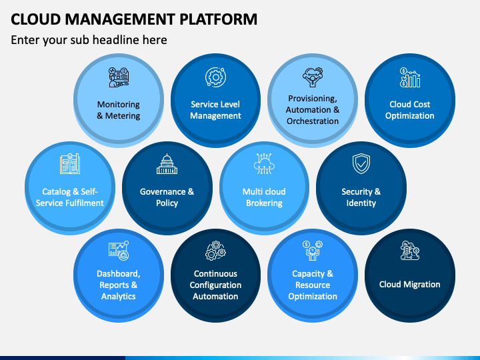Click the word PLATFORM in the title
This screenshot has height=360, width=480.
(x=218, y=19)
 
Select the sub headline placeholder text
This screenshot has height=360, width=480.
(x=89, y=40)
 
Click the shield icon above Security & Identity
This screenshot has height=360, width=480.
(x=361, y=163)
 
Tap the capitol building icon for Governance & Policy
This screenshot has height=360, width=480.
(x=167, y=164)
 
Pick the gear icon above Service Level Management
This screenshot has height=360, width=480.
(x=215, y=77)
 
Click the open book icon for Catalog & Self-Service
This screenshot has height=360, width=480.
(x=70, y=164)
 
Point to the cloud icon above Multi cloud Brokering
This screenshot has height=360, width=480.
(x=264, y=164)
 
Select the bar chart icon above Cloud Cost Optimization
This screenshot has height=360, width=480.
(x=410, y=77)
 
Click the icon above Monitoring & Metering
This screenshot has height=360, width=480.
(x=119, y=77)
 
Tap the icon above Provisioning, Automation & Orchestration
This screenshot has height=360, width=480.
(x=313, y=77)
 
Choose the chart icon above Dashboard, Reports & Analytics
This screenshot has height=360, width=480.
(x=119, y=251)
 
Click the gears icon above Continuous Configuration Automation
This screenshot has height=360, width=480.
(x=215, y=251)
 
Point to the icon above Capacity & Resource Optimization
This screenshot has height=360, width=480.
(x=313, y=251)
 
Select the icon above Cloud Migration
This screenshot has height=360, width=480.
(x=410, y=251)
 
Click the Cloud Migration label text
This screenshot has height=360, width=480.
(x=409, y=285)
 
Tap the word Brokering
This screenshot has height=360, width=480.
(x=264, y=203)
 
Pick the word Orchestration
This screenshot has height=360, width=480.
(x=313, y=121)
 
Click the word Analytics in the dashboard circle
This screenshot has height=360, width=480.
(x=119, y=296)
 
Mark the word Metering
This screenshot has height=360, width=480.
(x=123, y=116)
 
